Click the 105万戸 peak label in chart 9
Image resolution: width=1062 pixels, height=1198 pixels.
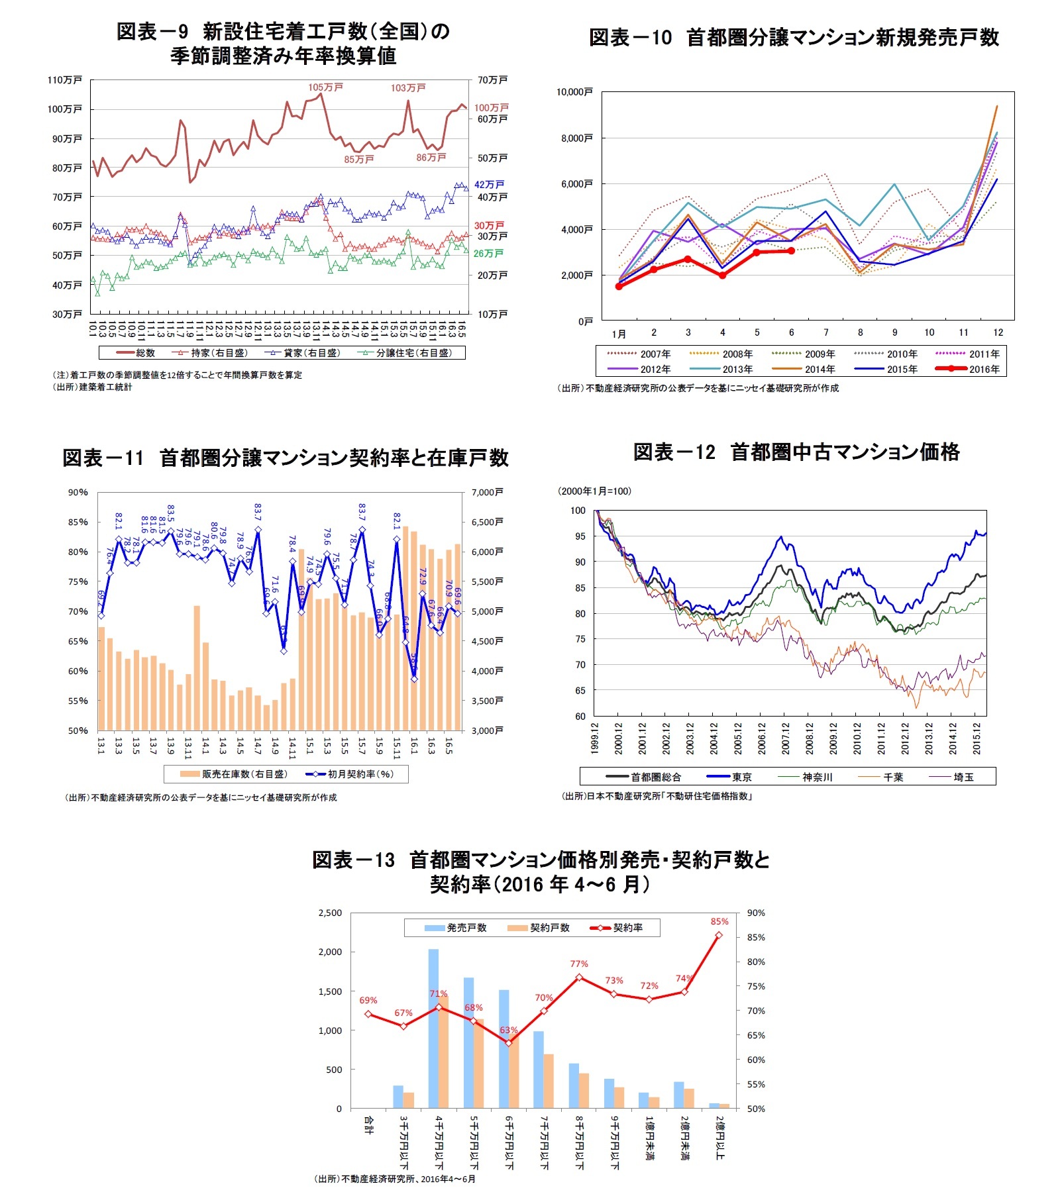[x=325, y=87]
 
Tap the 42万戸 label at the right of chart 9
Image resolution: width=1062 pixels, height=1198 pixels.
[x=489, y=185]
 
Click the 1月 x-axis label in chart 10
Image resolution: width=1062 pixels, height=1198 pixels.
[x=619, y=333]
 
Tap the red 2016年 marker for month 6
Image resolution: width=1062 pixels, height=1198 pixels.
[x=791, y=251]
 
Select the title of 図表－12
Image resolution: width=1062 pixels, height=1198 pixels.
[x=796, y=452]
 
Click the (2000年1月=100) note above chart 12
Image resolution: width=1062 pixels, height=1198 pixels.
[x=594, y=491]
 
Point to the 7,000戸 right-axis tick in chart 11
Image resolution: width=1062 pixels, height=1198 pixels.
[x=487, y=492]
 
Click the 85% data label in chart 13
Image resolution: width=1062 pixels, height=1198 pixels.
[x=719, y=921]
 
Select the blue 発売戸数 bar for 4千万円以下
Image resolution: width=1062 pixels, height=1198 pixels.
[x=433, y=1028]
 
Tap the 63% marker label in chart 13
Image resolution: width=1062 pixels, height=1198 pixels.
[x=508, y=1030]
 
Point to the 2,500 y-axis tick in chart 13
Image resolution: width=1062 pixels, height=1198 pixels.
[x=330, y=913]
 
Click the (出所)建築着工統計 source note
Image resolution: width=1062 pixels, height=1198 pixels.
[x=93, y=387]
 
